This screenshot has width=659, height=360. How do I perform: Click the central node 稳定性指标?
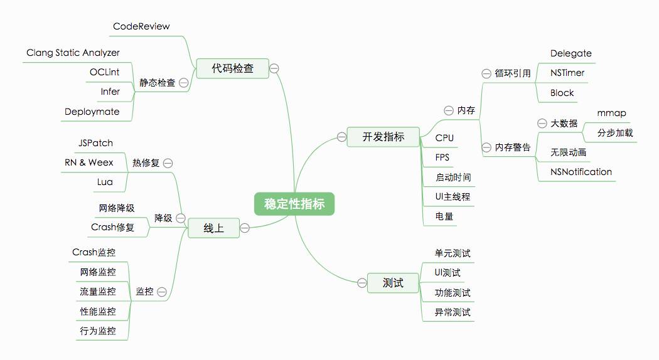coord(294,204)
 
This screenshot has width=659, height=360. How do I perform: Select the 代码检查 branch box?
coord(232,68)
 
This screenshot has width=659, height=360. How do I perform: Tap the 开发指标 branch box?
coord(383,136)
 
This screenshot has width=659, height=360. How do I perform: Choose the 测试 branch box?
coord(393,283)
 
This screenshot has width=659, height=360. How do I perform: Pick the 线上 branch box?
coord(213,228)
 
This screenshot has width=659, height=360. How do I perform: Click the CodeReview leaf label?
coord(141,26)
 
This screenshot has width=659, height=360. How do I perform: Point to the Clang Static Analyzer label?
coord(73,53)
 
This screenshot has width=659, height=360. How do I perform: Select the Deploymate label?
coord(92,112)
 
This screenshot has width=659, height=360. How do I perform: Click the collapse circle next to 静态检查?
coord(184,82)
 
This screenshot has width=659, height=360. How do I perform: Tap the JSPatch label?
coord(95,143)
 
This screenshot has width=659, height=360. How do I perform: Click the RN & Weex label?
coord(89,162)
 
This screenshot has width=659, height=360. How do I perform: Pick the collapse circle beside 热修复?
coord(168,163)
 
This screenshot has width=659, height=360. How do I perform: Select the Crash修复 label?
coord(112,227)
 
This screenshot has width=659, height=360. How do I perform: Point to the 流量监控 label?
coord(98,292)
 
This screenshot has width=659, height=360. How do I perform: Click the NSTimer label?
coord(567,73)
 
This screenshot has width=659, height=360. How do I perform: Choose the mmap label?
coord(611,113)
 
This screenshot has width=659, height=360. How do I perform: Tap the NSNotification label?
coord(581,172)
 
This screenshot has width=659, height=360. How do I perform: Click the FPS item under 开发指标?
coord(442,157)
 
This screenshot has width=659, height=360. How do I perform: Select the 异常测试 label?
coord(453,312)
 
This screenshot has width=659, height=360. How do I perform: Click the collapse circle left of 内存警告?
coord(486,147)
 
